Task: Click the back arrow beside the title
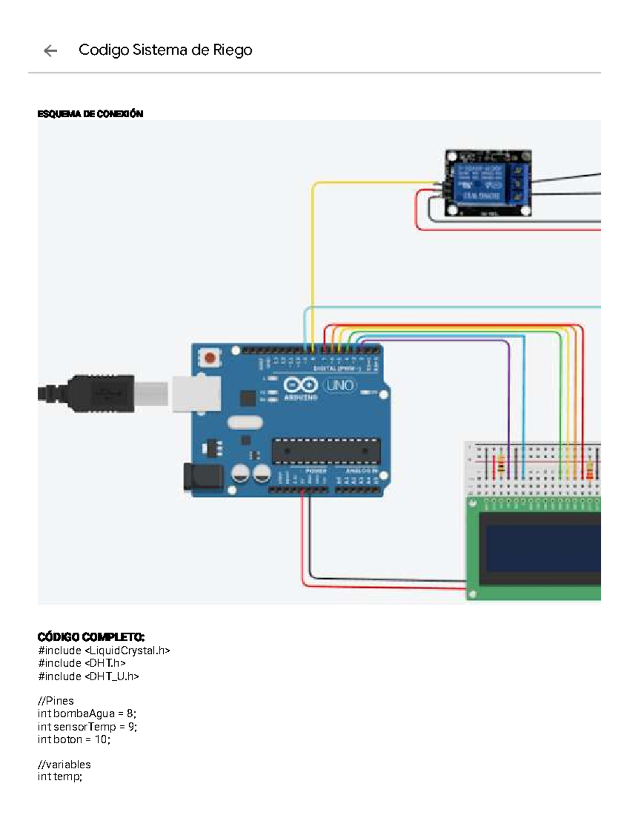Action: (x=50, y=50)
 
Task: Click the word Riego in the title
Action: (x=232, y=50)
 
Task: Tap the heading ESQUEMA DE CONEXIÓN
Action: (x=90, y=114)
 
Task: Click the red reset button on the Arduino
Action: (x=210, y=358)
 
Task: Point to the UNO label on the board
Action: (x=340, y=386)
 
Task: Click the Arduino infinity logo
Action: (x=300, y=385)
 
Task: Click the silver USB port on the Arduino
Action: (x=196, y=394)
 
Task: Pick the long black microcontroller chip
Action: (x=325, y=451)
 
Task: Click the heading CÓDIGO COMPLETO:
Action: (x=91, y=637)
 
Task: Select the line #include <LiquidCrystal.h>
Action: (x=104, y=651)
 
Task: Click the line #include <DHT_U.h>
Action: (x=88, y=676)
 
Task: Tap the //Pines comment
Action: (x=56, y=701)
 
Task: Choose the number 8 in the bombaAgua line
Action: (x=130, y=714)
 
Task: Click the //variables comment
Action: (x=64, y=764)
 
